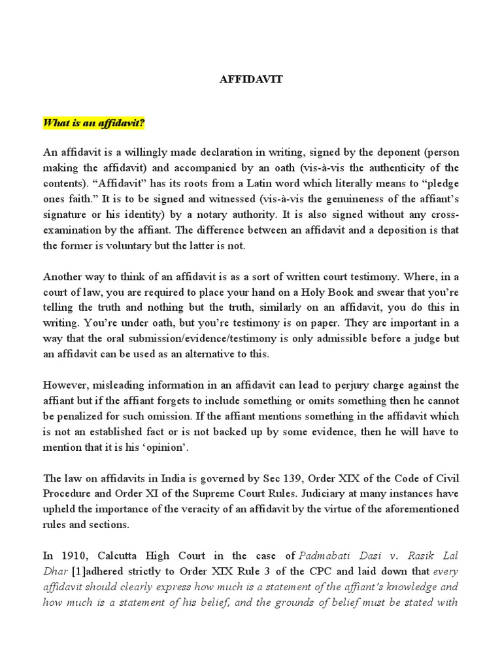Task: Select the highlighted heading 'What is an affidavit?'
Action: point(94,123)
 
